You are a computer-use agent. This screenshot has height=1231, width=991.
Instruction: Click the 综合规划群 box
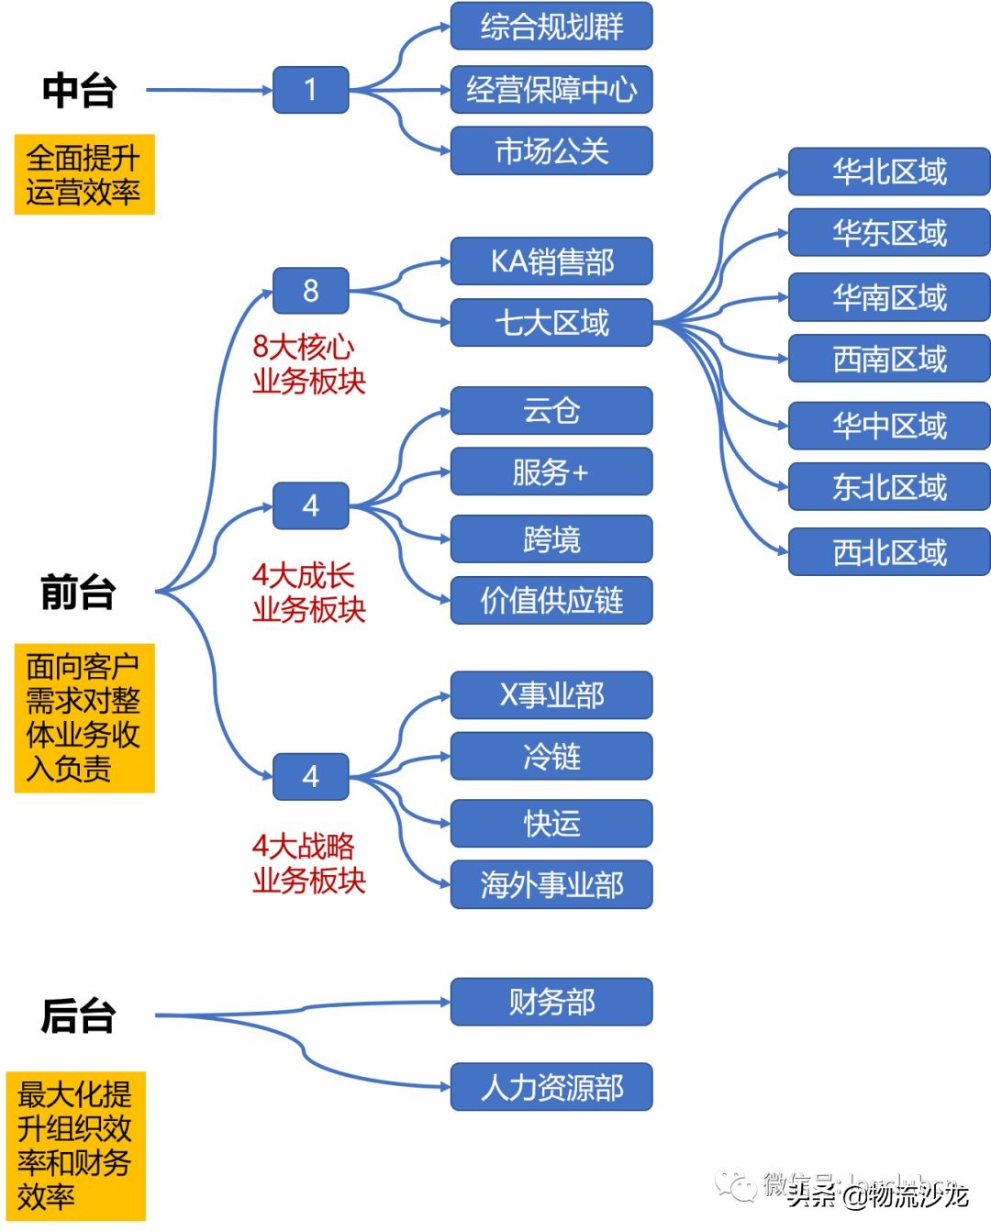(x=551, y=26)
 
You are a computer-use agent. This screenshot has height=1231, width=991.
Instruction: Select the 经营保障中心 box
(x=551, y=89)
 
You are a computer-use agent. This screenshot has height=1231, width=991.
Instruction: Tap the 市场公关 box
(x=551, y=150)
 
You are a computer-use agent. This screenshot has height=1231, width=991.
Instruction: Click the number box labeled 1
(x=310, y=90)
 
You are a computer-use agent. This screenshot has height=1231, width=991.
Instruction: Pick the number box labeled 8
(x=310, y=291)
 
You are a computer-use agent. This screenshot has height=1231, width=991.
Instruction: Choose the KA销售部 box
(x=551, y=261)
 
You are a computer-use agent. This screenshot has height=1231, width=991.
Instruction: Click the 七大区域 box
(x=551, y=323)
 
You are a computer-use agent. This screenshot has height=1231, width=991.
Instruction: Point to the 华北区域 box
(x=888, y=172)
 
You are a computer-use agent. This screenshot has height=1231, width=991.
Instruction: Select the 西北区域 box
(x=888, y=552)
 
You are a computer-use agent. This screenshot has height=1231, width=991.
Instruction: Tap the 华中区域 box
(x=888, y=426)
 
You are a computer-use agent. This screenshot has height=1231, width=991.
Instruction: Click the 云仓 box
(x=551, y=410)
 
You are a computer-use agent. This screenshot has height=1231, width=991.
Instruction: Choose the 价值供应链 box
(x=551, y=601)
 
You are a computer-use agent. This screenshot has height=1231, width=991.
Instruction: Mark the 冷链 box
(x=551, y=757)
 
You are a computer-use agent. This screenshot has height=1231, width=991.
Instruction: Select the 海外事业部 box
(x=551, y=884)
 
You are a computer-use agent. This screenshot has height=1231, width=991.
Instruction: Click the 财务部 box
(x=551, y=1002)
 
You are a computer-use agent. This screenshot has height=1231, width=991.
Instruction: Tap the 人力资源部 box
(x=551, y=1087)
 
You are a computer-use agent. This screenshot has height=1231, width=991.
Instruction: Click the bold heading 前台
(x=78, y=593)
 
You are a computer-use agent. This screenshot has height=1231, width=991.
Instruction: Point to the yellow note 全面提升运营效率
(x=84, y=174)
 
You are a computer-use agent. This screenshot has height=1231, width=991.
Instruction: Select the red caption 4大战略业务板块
(x=308, y=862)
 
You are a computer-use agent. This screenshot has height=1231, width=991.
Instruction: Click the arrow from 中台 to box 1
(x=209, y=90)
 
